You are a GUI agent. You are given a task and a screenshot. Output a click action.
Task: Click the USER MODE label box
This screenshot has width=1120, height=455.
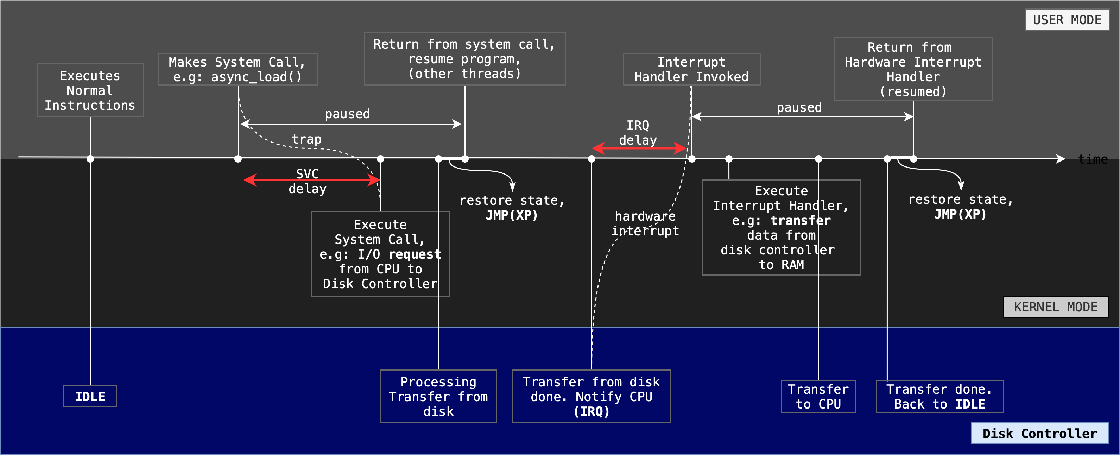pos(1067,20)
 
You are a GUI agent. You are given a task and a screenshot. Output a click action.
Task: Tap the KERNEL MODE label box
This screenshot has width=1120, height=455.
pos(1055,307)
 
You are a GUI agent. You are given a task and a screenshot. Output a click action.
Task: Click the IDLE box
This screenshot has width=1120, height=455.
pos(90,396)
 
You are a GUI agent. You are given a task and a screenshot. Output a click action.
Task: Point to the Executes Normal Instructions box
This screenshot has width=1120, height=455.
pos(90,90)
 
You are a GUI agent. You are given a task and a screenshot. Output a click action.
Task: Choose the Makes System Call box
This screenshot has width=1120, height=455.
pos(238,69)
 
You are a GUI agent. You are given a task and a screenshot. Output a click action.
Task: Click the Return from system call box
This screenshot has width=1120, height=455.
pos(464,59)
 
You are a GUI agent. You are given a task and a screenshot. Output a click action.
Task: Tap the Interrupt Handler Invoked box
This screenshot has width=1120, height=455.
pos(691,69)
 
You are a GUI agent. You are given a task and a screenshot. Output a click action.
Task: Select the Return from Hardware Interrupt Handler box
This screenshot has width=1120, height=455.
pos(913,69)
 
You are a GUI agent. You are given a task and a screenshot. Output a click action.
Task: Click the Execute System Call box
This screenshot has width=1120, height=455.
pos(380,254)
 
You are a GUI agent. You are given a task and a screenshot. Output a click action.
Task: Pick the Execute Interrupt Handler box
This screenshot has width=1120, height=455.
pos(781,227)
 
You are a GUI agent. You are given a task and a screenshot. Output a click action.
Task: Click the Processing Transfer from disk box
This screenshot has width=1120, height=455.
pos(438,396)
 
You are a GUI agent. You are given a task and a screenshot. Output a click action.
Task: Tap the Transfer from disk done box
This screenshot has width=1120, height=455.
pos(591,396)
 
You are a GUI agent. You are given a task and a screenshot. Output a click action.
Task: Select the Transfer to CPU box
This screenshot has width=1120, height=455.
pos(818,396)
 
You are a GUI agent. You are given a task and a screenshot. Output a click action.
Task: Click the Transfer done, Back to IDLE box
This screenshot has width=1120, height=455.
pos(939,396)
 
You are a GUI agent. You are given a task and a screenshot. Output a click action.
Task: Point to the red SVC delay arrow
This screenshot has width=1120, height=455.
pos(311,180)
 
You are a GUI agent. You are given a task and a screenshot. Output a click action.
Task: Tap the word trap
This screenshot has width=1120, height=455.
pos(306,139)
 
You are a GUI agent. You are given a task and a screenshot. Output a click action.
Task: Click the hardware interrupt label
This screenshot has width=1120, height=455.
pos(645,223)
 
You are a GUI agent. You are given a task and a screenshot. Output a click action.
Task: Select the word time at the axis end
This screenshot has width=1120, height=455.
pos(1093,159)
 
